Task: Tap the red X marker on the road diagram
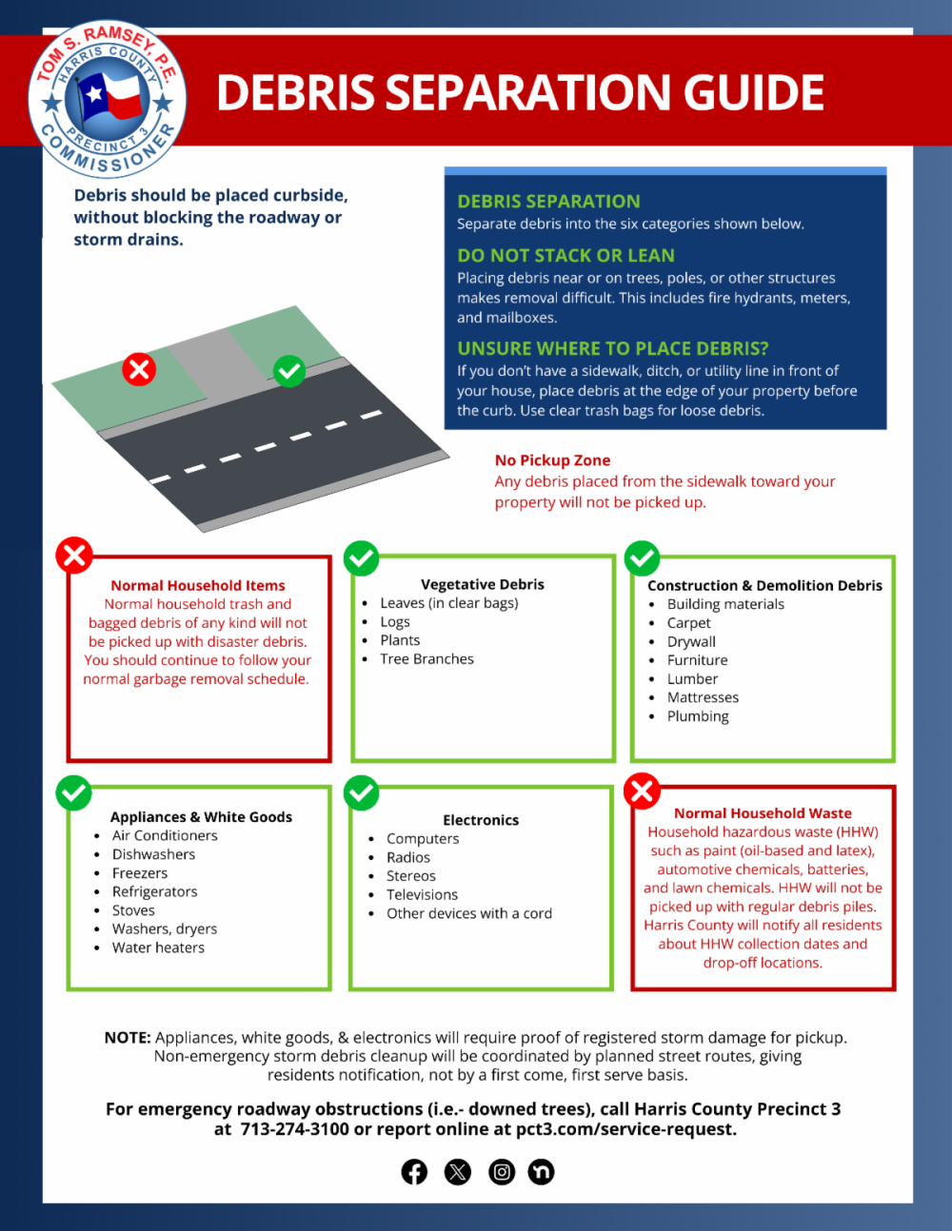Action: [x=139, y=368]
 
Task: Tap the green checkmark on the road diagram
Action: [x=288, y=370]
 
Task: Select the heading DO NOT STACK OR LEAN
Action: [x=565, y=255]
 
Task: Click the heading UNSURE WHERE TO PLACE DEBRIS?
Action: [x=612, y=348]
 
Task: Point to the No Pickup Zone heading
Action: [x=552, y=460]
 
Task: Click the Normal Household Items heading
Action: [x=197, y=585]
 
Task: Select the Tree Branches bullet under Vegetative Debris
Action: [x=426, y=658]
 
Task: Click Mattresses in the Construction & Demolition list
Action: [x=703, y=697]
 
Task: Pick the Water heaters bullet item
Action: [x=158, y=948]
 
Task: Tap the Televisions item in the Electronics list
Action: [x=422, y=894]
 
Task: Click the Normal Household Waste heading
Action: [x=763, y=813]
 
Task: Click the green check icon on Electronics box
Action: [x=361, y=792]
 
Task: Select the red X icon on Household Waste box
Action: [x=642, y=790]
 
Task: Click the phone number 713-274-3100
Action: [x=294, y=1129]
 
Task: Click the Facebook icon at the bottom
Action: [x=414, y=1172]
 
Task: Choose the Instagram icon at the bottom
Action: [x=502, y=1172]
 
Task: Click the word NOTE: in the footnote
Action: [x=128, y=1037]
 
